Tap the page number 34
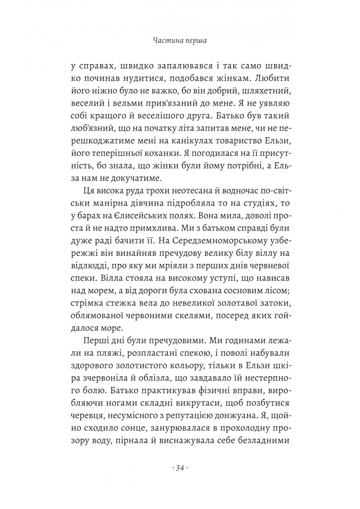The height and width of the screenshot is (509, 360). click(180, 468)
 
